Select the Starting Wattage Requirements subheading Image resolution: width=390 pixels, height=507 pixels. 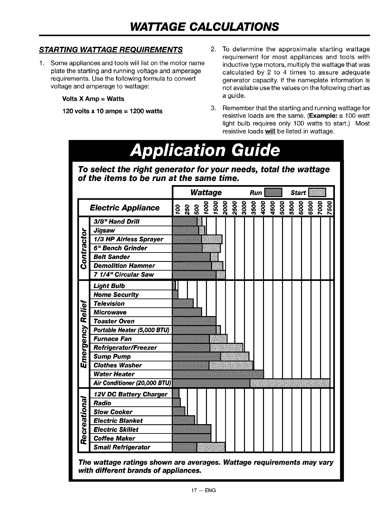click(111, 50)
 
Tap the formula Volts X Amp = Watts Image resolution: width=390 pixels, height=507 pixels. click(93, 99)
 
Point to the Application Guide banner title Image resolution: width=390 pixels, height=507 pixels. click(206, 151)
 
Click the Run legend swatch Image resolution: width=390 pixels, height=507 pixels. click(273, 193)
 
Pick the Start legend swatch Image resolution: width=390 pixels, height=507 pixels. click(317, 193)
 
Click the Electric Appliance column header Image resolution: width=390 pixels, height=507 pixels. click(124, 208)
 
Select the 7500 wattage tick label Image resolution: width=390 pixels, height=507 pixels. click(329, 208)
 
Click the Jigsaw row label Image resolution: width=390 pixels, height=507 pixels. click(104, 230)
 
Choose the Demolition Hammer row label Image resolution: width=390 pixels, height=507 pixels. click(124, 266)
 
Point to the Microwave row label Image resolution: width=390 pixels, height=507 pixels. click(110, 312)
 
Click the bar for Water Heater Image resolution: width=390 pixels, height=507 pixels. click(218, 374)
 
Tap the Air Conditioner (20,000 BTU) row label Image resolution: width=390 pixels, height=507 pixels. click(132, 383)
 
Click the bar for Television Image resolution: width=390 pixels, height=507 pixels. click(183, 303)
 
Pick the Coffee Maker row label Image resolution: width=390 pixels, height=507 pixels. click(114, 438)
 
